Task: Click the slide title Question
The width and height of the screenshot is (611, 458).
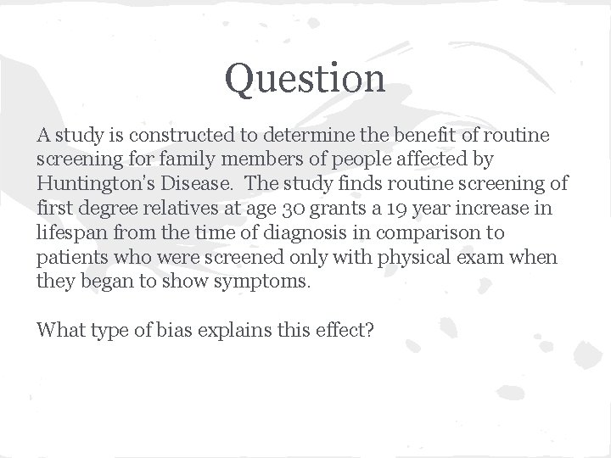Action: click(305, 79)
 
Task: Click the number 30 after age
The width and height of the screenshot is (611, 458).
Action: click(284, 208)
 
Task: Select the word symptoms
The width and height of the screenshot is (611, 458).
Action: click(271, 282)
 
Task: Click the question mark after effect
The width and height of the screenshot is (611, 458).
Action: click(369, 329)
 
